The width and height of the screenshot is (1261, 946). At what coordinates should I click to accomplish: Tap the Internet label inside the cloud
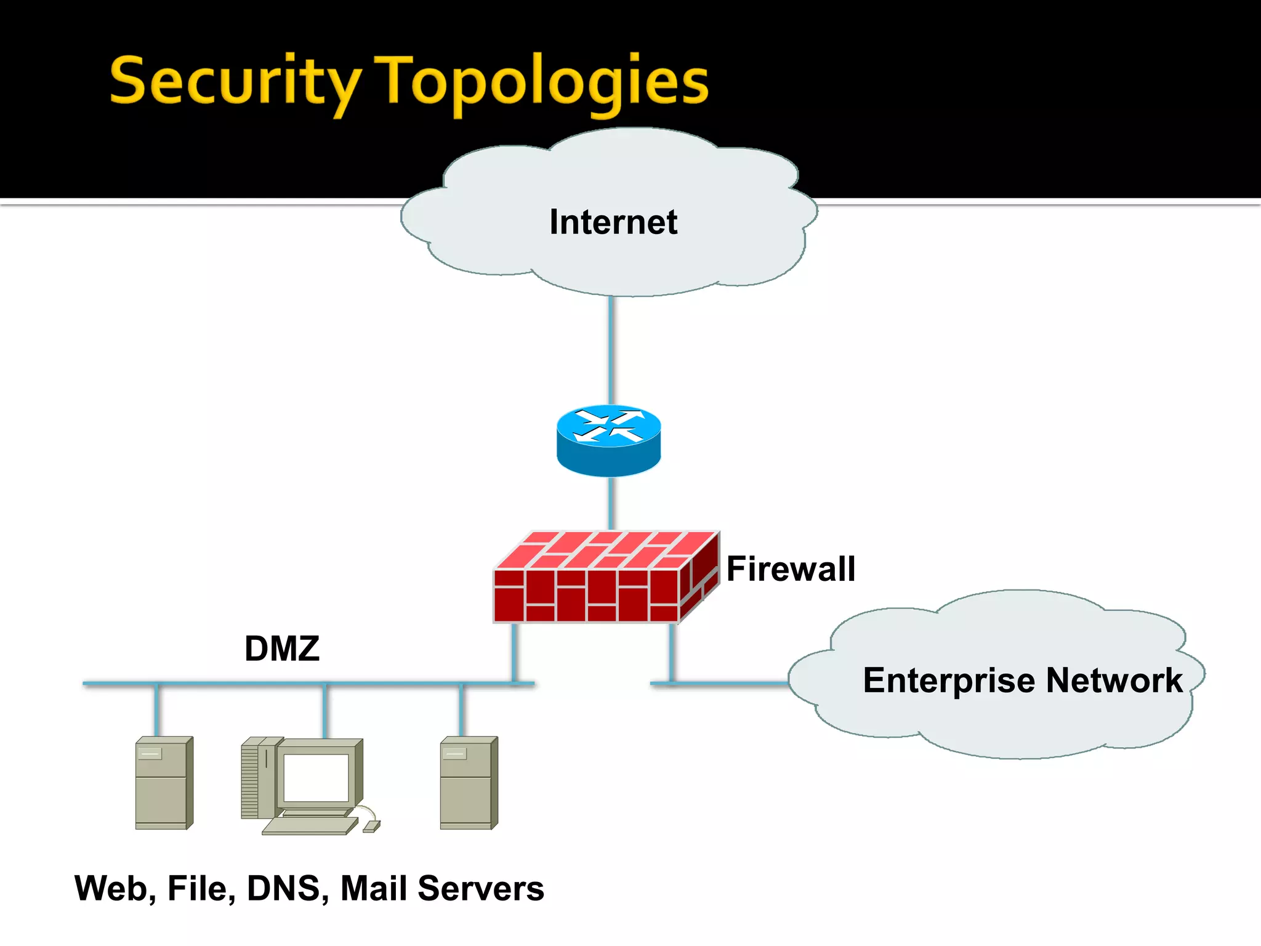point(613,222)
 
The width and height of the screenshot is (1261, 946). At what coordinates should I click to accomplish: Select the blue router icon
point(608,440)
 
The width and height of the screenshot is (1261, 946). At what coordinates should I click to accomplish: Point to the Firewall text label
point(791,568)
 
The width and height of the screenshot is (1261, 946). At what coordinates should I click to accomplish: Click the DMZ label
point(282,649)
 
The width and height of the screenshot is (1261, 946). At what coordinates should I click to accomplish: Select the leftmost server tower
point(163,783)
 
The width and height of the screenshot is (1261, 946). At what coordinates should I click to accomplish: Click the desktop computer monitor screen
point(315,777)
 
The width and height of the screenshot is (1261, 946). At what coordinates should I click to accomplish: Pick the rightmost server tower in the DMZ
point(468,783)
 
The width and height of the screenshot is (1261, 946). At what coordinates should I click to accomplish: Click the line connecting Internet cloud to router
point(611,351)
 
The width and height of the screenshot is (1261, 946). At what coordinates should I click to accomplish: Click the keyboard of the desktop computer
point(308,825)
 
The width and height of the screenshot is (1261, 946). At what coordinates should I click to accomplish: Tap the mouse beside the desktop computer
point(372,826)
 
